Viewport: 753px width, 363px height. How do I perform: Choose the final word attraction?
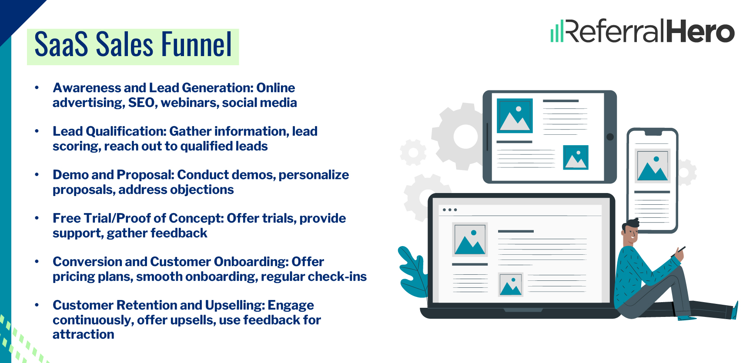tap(84, 334)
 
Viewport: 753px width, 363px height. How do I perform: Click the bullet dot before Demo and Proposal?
tap(37, 175)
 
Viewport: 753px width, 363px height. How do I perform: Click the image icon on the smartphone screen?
tap(652, 166)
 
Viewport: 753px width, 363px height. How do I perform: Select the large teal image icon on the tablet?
tap(515, 116)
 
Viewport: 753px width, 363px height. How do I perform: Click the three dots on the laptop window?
tap(449, 210)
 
